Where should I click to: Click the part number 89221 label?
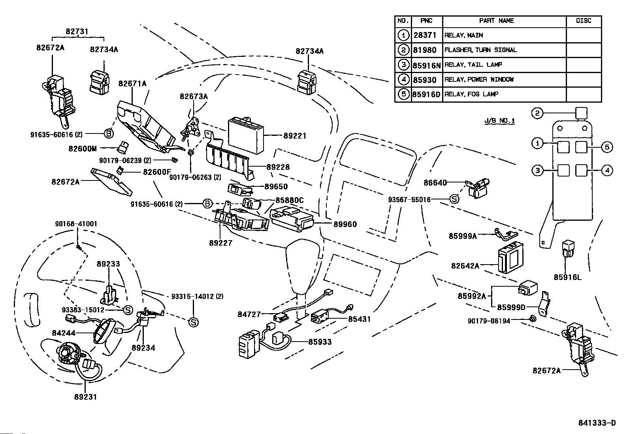tap(295, 136)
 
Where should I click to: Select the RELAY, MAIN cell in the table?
tap(464, 35)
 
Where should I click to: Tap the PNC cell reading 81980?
tap(425, 50)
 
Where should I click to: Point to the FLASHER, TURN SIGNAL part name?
tap(480, 50)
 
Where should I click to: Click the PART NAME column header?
tap(496, 21)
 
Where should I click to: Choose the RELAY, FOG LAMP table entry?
tap(471, 94)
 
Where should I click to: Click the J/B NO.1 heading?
tap(499, 121)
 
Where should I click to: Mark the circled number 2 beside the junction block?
tap(537, 113)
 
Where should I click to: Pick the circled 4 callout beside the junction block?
tap(607, 171)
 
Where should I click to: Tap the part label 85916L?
tap(567, 277)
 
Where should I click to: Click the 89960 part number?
tap(345, 224)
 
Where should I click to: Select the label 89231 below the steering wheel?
tap(85, 396)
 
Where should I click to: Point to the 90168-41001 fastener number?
tap(76, 224)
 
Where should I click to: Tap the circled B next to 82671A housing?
tap(109, 134)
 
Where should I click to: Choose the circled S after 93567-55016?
tap(455, 199)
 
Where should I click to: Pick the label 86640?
tap(435, 183)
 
